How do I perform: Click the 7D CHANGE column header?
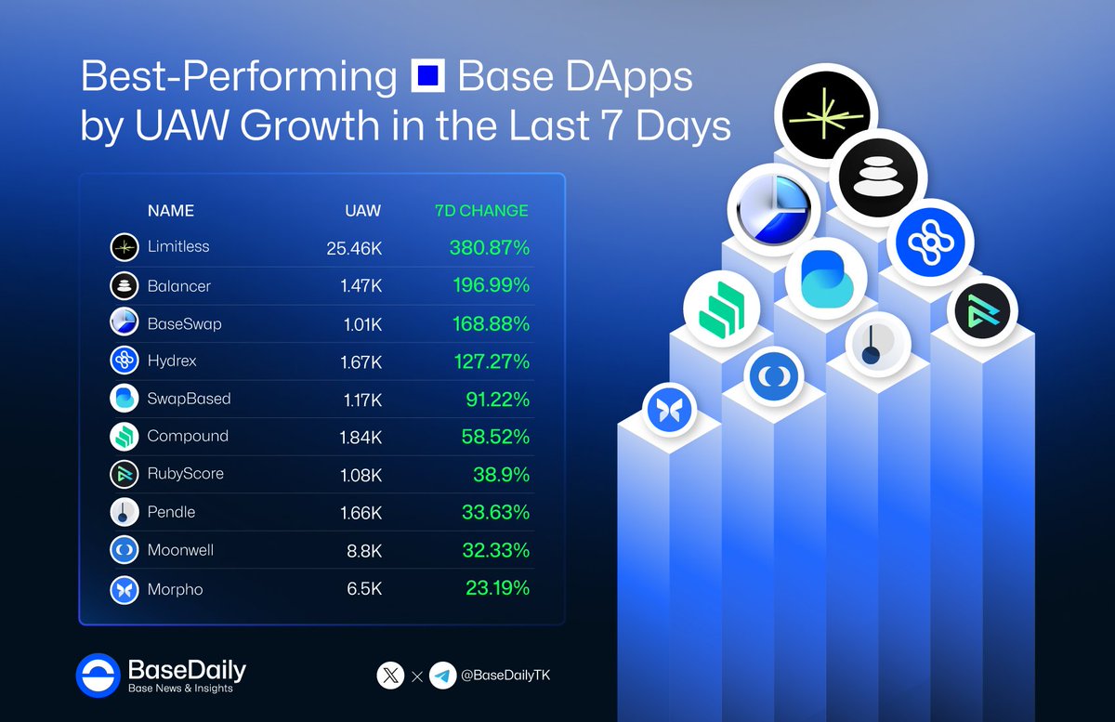481,211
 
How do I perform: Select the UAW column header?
362,211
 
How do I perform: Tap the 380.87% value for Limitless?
483,247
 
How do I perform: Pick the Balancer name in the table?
178,285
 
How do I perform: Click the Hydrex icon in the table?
125,361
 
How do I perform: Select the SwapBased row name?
189,399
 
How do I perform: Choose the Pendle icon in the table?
125,513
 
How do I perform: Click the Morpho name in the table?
175,589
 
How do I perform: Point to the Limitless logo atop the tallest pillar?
828,112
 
